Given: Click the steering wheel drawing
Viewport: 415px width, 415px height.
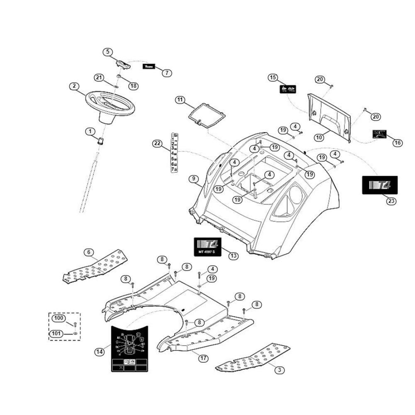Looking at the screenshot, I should click(111, 104).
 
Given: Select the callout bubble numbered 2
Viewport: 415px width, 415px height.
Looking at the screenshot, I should click(74, 86).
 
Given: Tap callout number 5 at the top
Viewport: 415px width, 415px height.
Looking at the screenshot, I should click(108, 52).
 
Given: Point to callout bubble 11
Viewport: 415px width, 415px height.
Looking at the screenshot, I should click(179, 100).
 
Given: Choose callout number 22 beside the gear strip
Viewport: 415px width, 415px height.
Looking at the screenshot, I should click(157, 144).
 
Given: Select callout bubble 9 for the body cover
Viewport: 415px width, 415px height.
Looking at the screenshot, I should click(193, 179).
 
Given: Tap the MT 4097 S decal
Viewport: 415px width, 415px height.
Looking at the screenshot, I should click(208, 246).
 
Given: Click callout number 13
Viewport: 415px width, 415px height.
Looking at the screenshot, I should click(234, 256).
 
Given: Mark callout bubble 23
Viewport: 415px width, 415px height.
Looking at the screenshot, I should click(391, 202).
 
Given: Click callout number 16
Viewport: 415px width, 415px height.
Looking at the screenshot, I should click(397, 142).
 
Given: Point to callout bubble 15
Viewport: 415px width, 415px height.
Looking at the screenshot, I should click(272, 78).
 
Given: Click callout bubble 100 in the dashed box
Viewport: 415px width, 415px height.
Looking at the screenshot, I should click(59, 318).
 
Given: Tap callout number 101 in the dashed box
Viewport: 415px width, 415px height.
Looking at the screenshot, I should click(56, 333).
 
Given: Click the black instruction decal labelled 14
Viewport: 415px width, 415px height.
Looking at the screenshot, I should click(128, 349).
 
